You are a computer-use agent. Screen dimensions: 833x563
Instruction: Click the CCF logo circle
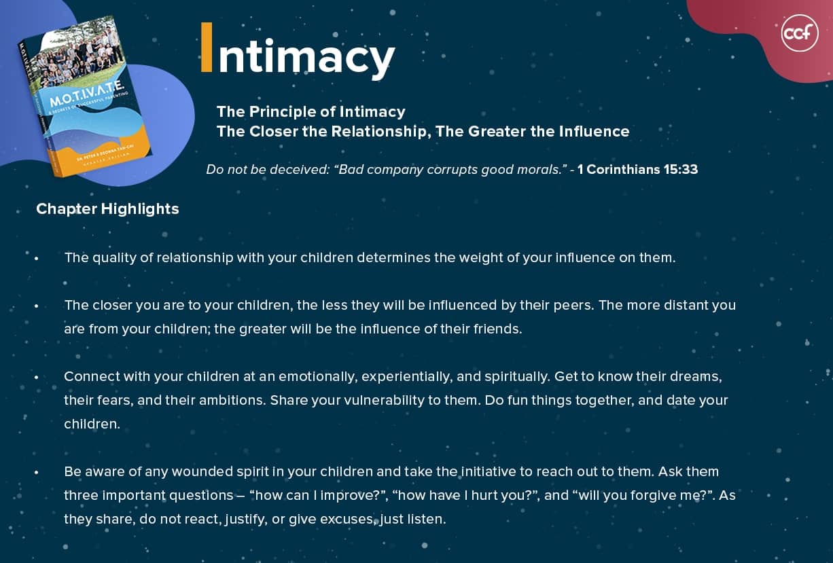pos(800,33)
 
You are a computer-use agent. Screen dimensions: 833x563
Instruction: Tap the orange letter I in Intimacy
pos(207,47)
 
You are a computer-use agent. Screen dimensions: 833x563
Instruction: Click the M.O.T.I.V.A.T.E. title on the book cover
pos(86,94)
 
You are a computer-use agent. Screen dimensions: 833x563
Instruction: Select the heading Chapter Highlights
pos(107,209)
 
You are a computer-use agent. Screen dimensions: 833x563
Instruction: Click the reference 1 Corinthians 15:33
pos(637,170)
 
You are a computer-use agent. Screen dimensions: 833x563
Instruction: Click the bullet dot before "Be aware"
pos(37,473)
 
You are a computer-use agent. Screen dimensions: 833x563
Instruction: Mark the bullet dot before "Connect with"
pos(37,378)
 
